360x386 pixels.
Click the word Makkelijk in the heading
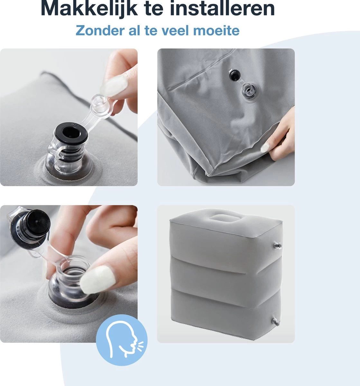tap(89, 9)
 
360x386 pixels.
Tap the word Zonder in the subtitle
tap(100, 31)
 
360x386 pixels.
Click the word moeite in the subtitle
tap(216, 31)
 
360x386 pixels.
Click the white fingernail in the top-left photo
tap(114, 86)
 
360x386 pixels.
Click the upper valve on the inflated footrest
tap(277, 245)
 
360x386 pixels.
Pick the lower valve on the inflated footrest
tap(275, 322)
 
